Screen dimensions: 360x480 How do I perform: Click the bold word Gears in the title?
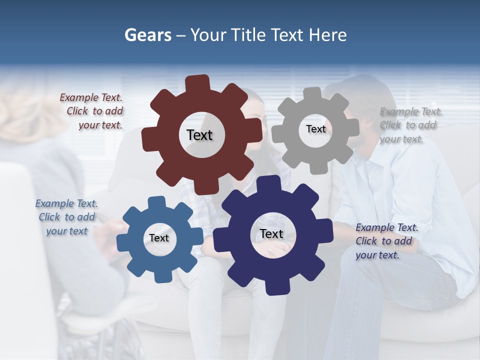pos(148,35)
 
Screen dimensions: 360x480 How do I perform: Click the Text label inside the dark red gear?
pos(199,135)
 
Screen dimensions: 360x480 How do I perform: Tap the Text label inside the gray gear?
pos(315,129)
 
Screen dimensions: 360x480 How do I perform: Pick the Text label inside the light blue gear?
pos(159,238)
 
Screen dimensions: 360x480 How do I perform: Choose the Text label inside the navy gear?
pos(271,233)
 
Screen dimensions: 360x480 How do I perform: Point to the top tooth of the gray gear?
pos(312,94)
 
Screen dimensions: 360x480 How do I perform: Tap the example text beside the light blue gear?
pos(66,217)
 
